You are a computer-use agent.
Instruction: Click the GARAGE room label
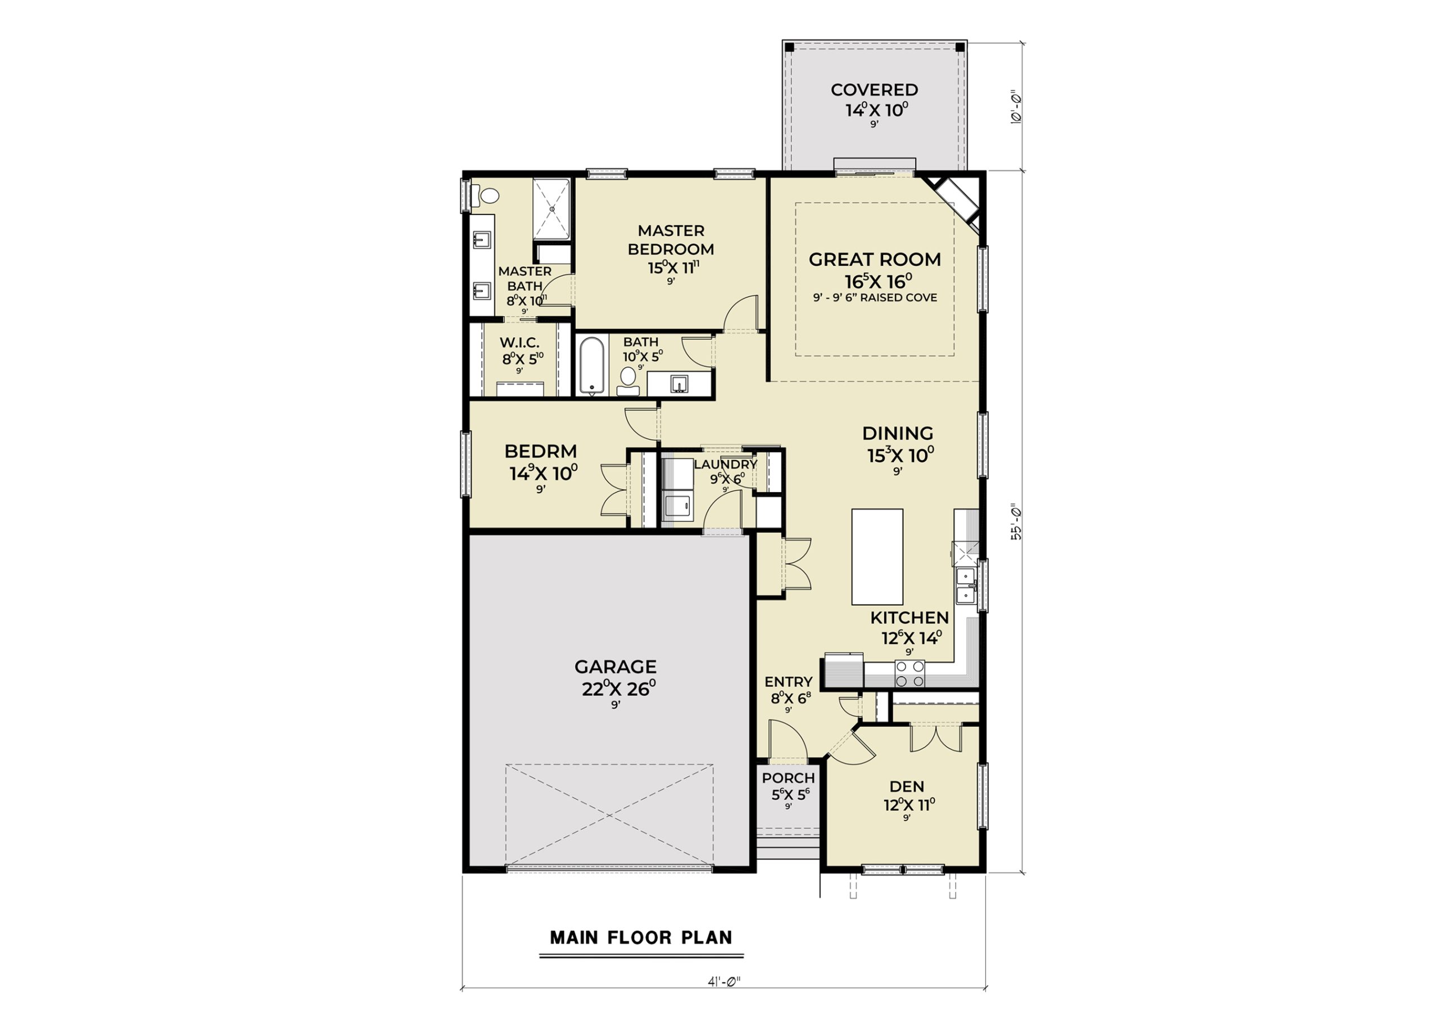point(616,666)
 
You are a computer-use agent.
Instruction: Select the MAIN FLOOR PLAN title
point(641,938)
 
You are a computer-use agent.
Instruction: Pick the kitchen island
point(877,557)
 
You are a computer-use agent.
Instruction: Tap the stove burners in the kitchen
point(909,674)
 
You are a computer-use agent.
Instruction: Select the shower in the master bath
point(551,209)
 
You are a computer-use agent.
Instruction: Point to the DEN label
point(907,786)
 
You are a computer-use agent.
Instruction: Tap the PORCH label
point(789,778)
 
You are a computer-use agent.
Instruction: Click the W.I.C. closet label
point(519,343)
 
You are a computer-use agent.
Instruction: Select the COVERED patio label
point(874,89)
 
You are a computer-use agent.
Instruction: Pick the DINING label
point(898,433)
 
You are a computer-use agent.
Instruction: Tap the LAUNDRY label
point(726,464)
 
